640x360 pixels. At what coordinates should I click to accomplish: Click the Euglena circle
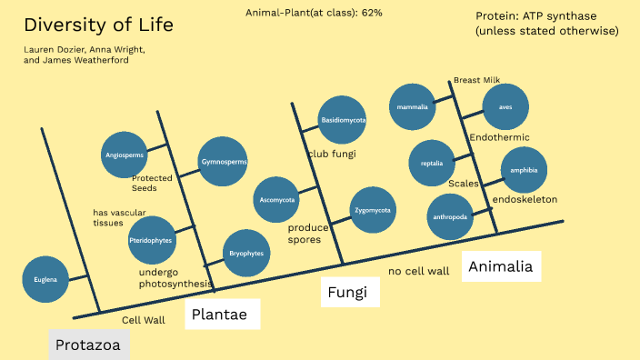(45, 279)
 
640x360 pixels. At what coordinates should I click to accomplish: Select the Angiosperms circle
(126, 155)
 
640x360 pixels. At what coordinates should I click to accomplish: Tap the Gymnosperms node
(223, 163)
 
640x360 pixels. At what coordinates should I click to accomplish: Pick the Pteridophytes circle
(151, 240)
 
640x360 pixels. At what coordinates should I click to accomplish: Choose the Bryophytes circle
(245, 254)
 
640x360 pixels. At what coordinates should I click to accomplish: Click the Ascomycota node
(277, 199)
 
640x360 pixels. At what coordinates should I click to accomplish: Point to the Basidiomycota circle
(343, 120)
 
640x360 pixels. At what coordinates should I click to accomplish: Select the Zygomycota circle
(373, 210)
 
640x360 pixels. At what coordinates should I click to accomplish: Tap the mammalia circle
(412, 107)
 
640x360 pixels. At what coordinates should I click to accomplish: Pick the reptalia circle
(432, 164)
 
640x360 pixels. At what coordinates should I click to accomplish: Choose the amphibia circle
(524, 170)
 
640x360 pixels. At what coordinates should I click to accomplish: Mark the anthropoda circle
(450, 217)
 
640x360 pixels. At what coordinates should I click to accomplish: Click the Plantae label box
(222, 315)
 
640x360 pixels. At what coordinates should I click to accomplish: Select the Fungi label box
(349, 293)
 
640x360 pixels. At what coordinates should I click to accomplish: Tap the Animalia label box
(500, 265)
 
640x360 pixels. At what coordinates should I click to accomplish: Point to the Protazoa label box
(89, 345)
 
